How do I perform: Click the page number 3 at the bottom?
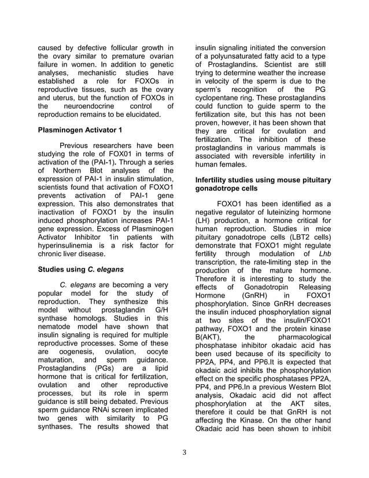184,452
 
